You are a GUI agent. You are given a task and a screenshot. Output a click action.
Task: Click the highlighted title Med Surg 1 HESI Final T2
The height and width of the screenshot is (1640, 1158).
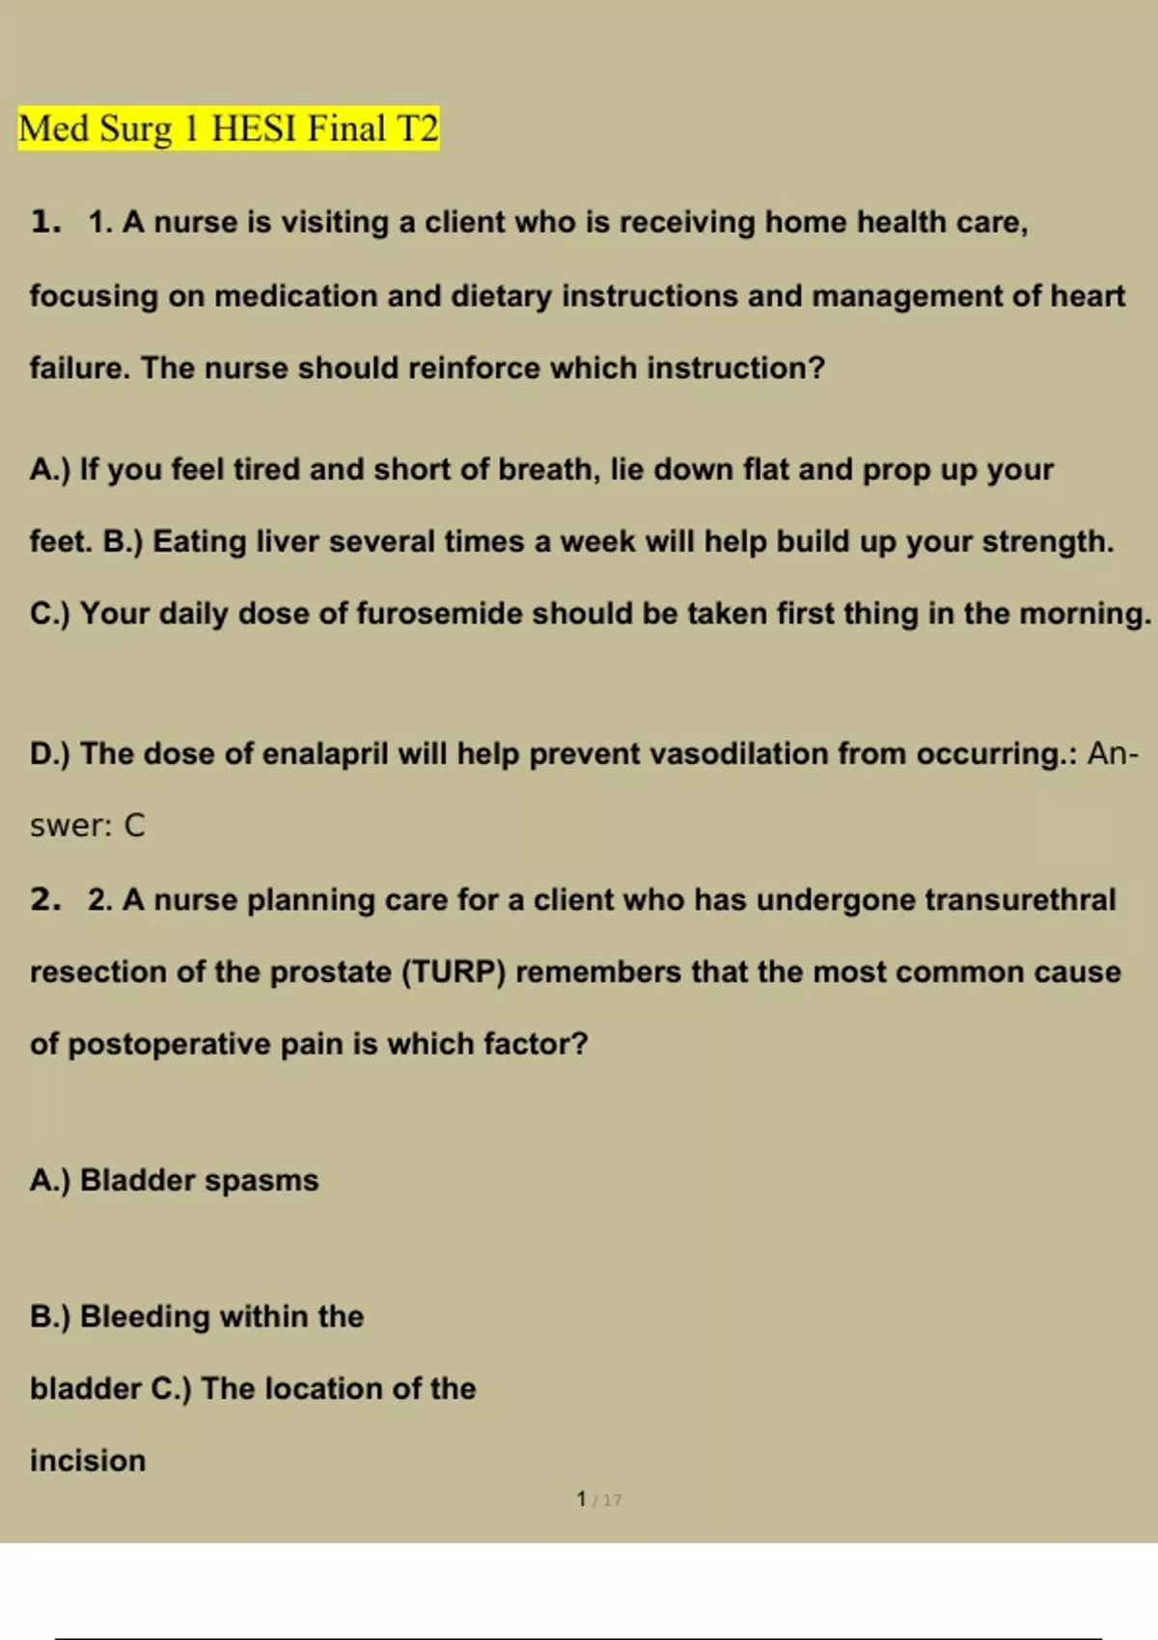(228, 128)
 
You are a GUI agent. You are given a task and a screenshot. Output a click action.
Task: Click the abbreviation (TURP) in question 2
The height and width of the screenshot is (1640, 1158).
(453, 971)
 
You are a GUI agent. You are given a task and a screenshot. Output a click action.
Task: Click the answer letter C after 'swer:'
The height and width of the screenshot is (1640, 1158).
(134, 826)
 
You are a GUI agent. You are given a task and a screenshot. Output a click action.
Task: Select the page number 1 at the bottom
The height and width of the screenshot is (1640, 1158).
(581, 1499)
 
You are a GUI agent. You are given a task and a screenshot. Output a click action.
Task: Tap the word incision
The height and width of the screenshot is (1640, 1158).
(88, 1461)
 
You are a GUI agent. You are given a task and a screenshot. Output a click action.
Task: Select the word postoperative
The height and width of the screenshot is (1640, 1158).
(169, 1044)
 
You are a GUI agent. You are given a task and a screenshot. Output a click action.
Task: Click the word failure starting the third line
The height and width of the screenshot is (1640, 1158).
(79, 368)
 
